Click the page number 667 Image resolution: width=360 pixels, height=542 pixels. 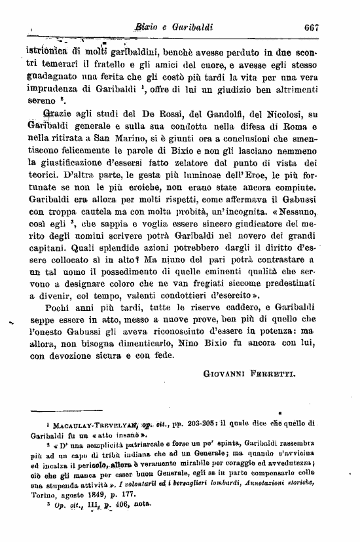[x=311, y=28]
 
